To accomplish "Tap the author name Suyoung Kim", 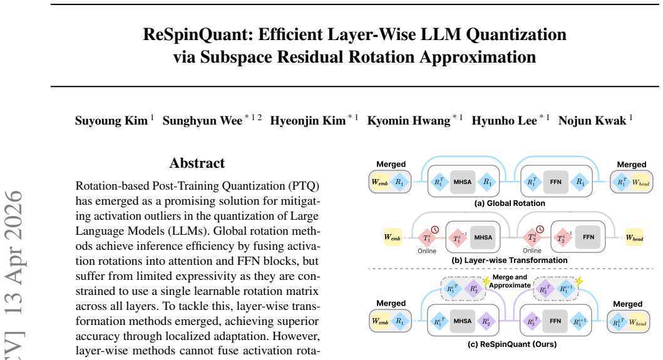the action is point(111,121).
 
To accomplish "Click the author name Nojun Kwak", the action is point(592,121).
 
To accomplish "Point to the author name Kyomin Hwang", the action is point(408,121).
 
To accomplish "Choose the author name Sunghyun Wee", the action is point(203,121).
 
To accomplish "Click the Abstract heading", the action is point(197,163).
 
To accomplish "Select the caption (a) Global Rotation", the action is point(510,203).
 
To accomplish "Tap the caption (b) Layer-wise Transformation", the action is point(510,260).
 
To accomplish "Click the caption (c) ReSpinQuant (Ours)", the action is point(512,344).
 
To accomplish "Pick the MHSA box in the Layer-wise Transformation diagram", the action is point(483,237).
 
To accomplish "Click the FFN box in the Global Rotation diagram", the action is point(555,182).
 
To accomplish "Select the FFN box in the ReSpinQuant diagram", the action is point(555,321).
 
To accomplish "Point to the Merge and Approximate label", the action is point(510,281).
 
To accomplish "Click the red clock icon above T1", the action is point(434,229).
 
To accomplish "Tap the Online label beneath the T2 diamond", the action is point(532,251).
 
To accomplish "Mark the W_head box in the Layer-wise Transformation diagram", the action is point(635,238).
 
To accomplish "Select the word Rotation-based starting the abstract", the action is point(111,186).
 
